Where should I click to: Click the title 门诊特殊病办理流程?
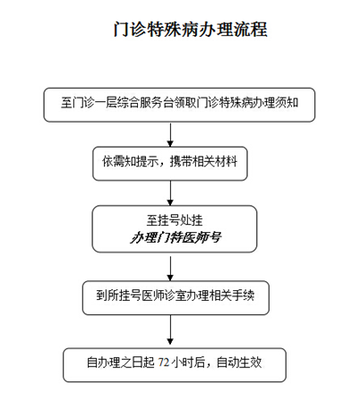pyautogui.click(x=190, y=30)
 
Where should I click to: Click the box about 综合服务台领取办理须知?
pyautogui.click(x=179, y=105)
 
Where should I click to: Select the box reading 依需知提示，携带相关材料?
pyautogui.click(x=170, y=164)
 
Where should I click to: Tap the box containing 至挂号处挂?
pyautogui.click(x=175, y=229)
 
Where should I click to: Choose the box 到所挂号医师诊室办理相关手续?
pyautogui.click(x=176, y=297)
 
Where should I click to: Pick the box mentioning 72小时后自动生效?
pyautogui.click(x=175, y=364)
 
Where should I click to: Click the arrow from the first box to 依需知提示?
pyautogui.click(x=170, y=134)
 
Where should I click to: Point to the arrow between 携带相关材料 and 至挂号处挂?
pyautogui.click(x=170, y=193)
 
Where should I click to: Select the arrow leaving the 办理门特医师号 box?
pyautogui.click(x=170, y=268)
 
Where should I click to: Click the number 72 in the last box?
pyautogui.click(x=164, y=363)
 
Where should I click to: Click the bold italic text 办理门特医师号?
pyautogui.click(x=176, y=237)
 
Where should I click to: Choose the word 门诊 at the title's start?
pyautogui.click(x=130, y=30)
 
